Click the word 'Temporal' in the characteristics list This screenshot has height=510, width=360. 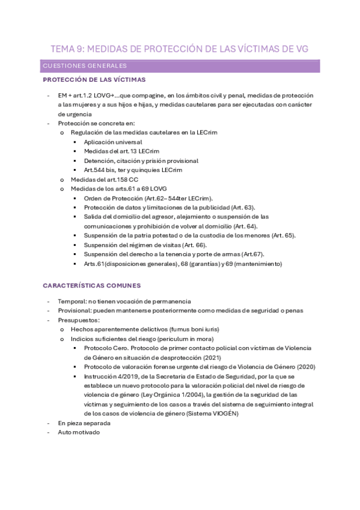click(x=72, y=301)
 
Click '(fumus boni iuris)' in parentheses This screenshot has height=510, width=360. click(x=192, y=329)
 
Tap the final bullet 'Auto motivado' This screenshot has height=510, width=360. click(x=79, y=432)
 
